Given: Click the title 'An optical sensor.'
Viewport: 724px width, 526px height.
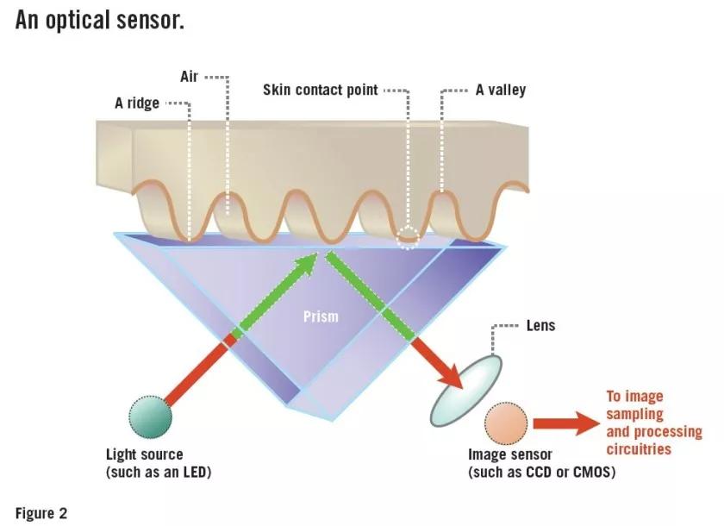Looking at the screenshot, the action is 100,21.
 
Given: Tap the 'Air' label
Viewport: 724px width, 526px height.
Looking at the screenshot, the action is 189,76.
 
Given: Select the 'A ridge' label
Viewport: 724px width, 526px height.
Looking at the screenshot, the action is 137,103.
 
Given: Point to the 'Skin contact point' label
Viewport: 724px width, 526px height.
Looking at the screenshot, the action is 321,90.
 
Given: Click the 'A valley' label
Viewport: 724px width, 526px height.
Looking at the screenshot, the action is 501,90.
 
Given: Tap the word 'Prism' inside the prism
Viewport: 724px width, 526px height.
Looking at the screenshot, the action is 321,316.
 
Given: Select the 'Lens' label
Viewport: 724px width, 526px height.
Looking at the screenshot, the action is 540,326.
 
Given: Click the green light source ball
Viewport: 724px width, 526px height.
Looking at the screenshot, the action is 151,416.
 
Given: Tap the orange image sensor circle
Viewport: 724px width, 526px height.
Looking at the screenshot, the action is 506,424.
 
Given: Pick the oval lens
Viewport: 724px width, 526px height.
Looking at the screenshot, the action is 466,391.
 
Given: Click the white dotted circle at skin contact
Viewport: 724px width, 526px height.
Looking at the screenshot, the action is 408,237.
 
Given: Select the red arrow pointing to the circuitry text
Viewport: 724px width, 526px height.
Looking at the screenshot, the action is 566,423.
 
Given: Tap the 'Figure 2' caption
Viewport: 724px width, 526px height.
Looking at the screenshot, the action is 41,513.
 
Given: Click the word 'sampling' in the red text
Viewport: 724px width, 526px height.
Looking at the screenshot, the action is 634,415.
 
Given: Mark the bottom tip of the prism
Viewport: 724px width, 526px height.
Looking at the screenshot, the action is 333,420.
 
